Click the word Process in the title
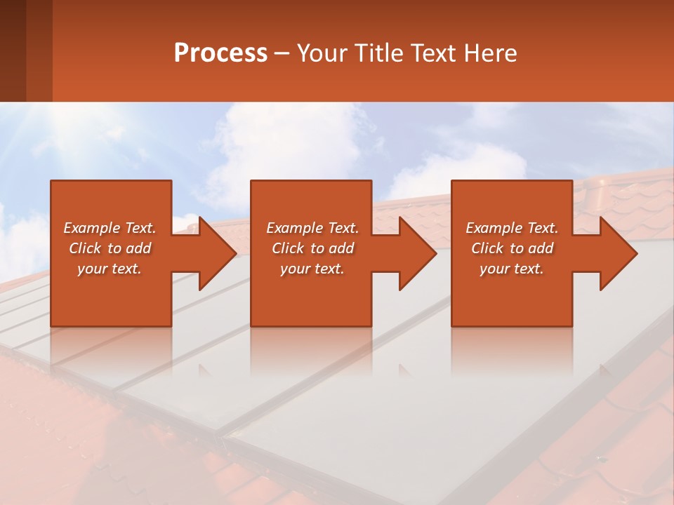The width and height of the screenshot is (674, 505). tap(220, 53)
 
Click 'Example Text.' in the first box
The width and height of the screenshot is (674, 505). tap(110, 228)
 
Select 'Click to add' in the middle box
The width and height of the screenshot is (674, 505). tap(312, 248)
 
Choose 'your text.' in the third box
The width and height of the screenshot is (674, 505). tap(512, 269)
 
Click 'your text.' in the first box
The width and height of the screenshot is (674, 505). tap(110, 269)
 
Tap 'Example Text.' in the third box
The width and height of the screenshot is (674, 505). tap(512, 228)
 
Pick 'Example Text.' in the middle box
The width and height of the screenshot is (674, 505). tap(312, 228)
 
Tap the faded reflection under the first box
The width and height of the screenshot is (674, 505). tap(111, 351)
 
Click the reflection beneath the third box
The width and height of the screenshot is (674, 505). tap(511, 351)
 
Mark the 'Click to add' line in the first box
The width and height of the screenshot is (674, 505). tap(110, 248)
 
